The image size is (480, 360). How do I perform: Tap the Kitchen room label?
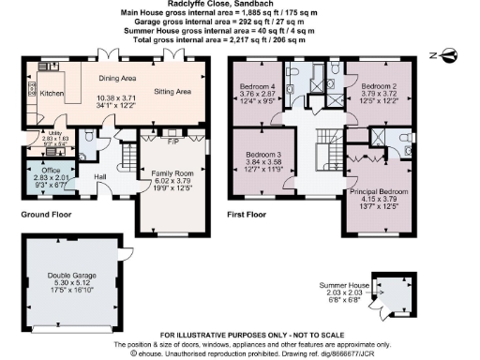52,94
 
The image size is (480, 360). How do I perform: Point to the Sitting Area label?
172,92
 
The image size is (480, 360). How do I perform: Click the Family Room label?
170,173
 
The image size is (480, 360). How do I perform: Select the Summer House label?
345,284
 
